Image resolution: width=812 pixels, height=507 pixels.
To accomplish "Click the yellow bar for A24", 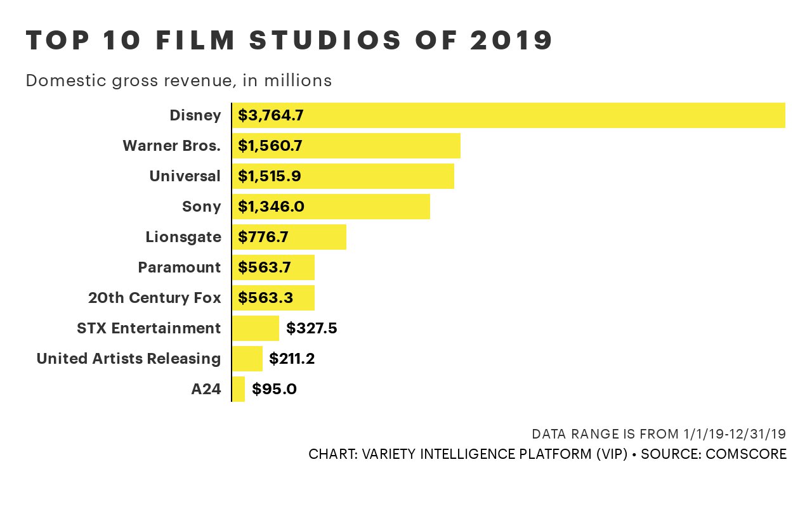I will [239, 389].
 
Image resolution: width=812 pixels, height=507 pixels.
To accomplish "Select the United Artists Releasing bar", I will [247, 359].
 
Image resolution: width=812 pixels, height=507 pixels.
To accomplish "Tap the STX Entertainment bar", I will [256, 328].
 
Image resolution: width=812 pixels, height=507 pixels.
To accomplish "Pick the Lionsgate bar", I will [289, 237].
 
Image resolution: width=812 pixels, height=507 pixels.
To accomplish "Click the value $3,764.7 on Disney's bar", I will [271, 115].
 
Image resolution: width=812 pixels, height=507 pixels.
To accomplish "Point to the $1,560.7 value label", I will [270, 146].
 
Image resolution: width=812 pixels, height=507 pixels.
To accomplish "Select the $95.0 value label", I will [274, 389].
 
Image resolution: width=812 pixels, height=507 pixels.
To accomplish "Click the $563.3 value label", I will [265, 298].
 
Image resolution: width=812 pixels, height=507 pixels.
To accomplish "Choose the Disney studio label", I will [195, 115].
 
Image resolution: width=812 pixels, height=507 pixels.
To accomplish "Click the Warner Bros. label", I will [172, 146].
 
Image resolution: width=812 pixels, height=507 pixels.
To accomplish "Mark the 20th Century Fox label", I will [155, 298].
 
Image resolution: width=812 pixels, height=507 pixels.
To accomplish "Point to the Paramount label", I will [180, 267].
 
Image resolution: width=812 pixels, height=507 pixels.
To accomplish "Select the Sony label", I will [202, 207].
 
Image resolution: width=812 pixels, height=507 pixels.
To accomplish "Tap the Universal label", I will [185, 176].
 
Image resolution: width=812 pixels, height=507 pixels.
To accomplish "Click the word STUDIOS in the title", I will [325, 41].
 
